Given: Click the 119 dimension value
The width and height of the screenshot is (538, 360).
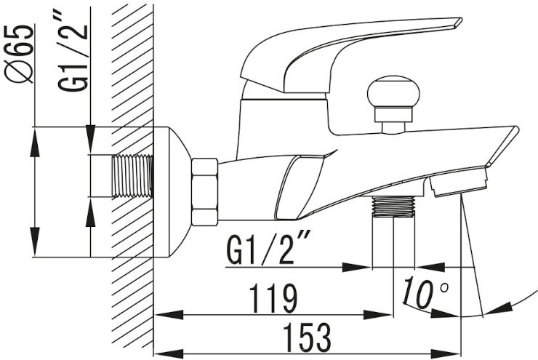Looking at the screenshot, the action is (x=273, y=299).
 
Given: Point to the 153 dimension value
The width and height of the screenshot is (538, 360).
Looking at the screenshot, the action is (x=308, y=337).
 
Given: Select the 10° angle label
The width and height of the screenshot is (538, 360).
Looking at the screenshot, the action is (x=425, y=292).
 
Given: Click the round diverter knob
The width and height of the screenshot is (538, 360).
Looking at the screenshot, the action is (x=393, y=92).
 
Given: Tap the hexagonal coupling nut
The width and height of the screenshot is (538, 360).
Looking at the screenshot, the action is (x=205, y=192).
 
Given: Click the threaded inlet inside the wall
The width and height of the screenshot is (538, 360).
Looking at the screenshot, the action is (x=132, y=176).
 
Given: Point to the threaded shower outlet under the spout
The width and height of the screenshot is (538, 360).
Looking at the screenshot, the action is (x=393, y=207).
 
